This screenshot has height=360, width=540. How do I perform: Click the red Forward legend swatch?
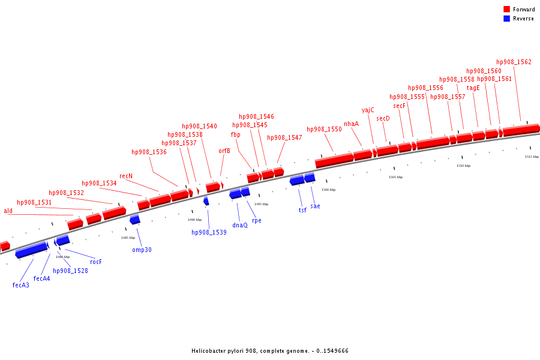[506, 9]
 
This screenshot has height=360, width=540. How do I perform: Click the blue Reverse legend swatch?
[506, 19]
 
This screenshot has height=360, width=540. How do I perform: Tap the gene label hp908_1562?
[514, 62]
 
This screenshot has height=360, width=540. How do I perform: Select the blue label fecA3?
[20, 285]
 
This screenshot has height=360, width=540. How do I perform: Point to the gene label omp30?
[142, 250]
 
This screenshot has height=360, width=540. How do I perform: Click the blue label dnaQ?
[240, 225]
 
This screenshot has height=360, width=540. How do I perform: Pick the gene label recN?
[126, 176]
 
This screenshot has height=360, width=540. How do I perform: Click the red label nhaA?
[351, 124]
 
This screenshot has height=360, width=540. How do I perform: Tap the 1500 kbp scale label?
[328, 190]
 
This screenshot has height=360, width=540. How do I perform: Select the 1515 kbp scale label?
[532, 157]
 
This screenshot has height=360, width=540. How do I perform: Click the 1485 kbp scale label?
[128, 238]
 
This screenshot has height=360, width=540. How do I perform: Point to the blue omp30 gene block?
[134, 220]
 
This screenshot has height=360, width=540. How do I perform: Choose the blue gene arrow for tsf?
[296, 180]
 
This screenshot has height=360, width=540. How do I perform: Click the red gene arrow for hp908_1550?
[334, 160]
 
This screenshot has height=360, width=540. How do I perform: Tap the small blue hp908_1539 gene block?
[206, 201]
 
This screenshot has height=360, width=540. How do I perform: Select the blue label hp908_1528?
[70, 271]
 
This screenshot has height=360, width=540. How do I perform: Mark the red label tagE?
[473, 88]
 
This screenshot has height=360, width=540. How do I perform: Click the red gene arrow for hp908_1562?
[521, 130]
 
